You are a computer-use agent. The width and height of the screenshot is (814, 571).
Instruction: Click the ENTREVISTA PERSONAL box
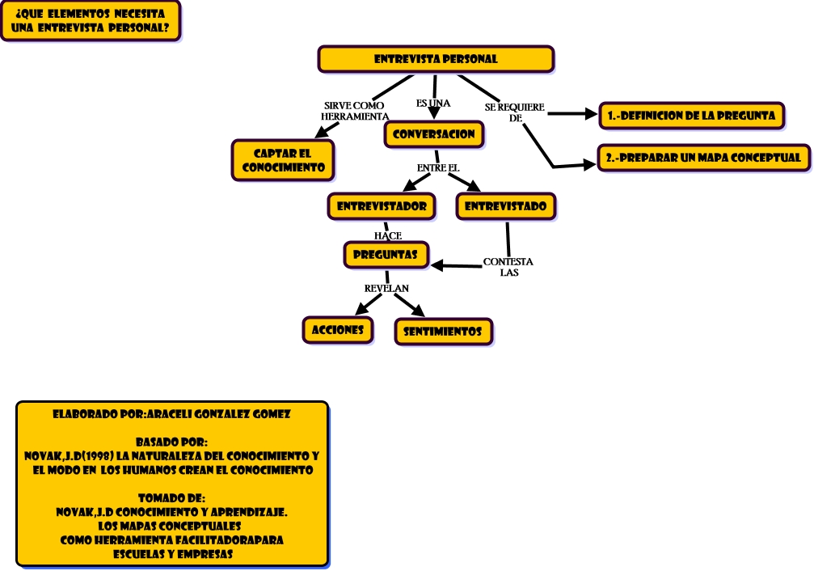pyautogui.click(x=436, y=59)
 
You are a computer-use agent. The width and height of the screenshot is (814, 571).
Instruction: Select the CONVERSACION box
pyautogui.click(x=434, y=134)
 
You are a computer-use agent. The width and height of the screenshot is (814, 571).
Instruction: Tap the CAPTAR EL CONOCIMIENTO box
pyautogui.click(x=283, y=160)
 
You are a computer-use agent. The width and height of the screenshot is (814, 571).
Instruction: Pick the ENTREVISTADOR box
pyautogui.click(x=382, y=206)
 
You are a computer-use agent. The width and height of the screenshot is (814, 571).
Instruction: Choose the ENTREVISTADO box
pyautogui.click(x=506, y=206)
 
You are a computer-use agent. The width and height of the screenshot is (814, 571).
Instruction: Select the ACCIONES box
pyautogui.click(x=338, y=330)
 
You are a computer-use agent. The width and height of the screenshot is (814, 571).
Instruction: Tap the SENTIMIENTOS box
pyautogui.click(x=442, y=332)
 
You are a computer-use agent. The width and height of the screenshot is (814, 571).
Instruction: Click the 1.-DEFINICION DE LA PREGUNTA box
pyautogui.click(x=691, y=116)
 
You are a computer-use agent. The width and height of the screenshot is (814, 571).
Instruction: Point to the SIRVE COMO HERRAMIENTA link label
pyautogui.click(x=355, y=111)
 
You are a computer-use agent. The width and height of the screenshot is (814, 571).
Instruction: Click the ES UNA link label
pyautogui.click(x=433, y=104)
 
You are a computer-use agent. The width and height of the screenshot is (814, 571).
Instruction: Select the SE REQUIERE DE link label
pyautogui.click(x=515, y=112)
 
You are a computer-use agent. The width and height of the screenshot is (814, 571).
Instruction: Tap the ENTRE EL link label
pyautogui.click(x=438, y=167)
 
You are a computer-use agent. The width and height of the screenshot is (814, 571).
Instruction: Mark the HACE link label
pyautogui.click(x=388, y=235)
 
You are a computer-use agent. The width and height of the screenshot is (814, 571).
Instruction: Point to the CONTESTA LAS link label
pyautogui.click(x=508, y=267)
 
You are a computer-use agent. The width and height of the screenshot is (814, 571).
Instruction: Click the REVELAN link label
pyautogui.click(x=386, y=288)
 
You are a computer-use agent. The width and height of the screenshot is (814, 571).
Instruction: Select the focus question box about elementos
pyautogui.click(x=91, y=20)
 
